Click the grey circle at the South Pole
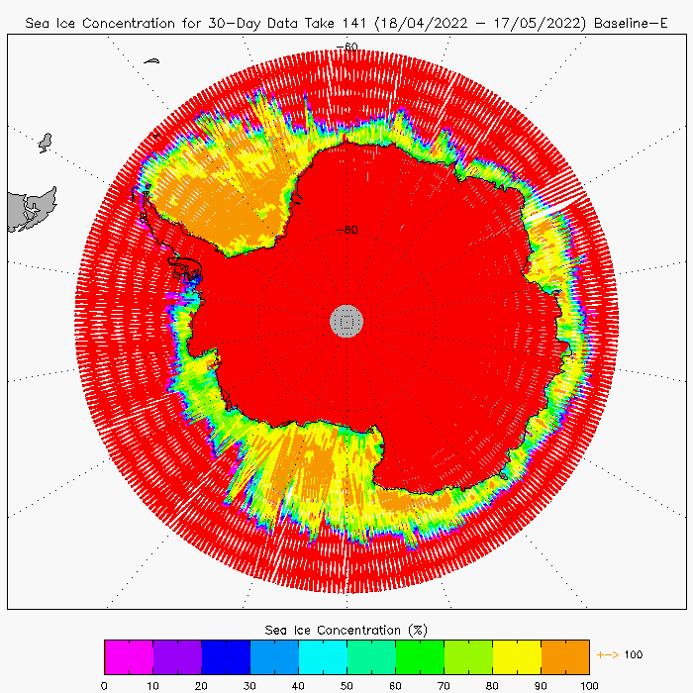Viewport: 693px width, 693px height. click(346, 320)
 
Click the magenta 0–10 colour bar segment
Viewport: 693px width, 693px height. click(129, 656)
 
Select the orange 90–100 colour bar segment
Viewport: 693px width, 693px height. click(565, 656)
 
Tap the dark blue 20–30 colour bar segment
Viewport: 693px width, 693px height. click(226, 656)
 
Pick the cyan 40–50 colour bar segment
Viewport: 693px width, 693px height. click(323, 656)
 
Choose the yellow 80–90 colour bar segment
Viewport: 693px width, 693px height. click(517, 656)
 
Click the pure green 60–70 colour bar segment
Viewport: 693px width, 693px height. click(420, 656)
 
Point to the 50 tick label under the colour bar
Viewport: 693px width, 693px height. click(346, 683)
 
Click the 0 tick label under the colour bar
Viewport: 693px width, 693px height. click(104, 683)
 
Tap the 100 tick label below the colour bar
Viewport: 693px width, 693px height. click(589, 683)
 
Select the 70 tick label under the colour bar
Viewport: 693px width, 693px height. click(444, 683)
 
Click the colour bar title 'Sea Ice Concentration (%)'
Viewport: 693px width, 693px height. click(346, 630)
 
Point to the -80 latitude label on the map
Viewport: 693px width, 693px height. click(346, 231)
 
